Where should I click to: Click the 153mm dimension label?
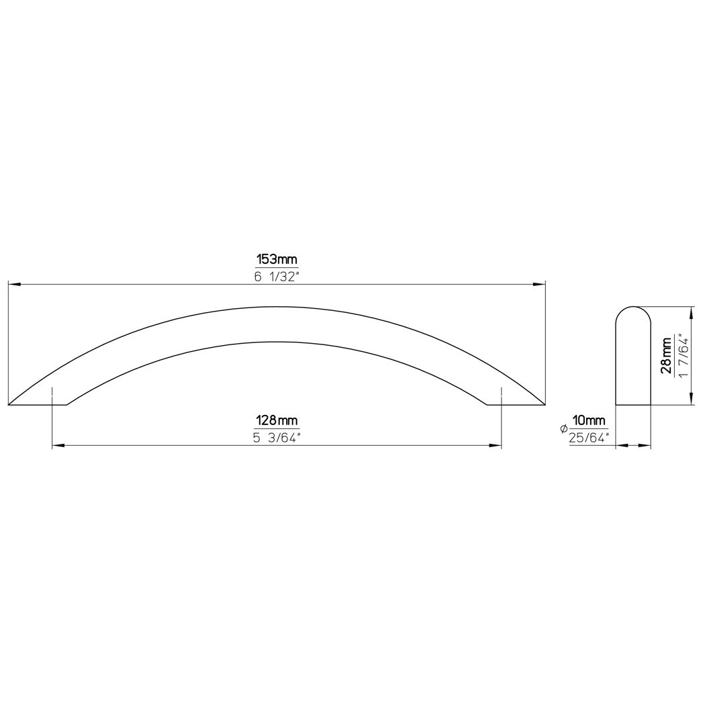[x=277, y=260]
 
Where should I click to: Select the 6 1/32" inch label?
[x=277, y=277]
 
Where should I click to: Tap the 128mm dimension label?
[x=277, y=421]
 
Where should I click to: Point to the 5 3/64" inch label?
[x=277, y=438]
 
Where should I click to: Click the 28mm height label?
[x=666, y=356]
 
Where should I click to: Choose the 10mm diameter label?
[x=589, y=421]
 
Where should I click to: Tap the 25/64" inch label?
[x=589, y=438]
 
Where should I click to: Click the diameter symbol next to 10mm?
[x=563, y=430]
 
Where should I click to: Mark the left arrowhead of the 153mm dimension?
[x=14, y=284]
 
